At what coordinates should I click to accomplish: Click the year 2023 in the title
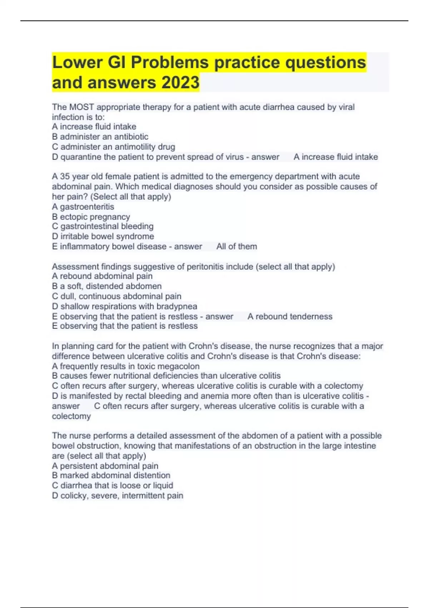point(180,82)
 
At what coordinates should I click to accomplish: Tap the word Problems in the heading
point(169,63)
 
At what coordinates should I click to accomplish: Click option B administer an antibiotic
point(100,137)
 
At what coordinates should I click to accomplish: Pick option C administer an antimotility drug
point(113,147)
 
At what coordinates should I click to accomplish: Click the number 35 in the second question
point(65,176)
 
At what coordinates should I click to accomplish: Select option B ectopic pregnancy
point(91,217)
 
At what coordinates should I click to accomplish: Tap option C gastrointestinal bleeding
point(103,226)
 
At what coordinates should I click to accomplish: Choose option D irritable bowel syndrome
point(103,236)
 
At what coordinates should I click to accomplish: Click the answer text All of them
point(236,246)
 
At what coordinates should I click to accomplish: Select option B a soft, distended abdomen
point(107,286)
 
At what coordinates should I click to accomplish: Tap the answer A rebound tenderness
point(290,317)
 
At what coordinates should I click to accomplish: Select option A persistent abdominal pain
point(105,466)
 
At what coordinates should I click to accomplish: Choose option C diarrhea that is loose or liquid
point(112,485)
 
